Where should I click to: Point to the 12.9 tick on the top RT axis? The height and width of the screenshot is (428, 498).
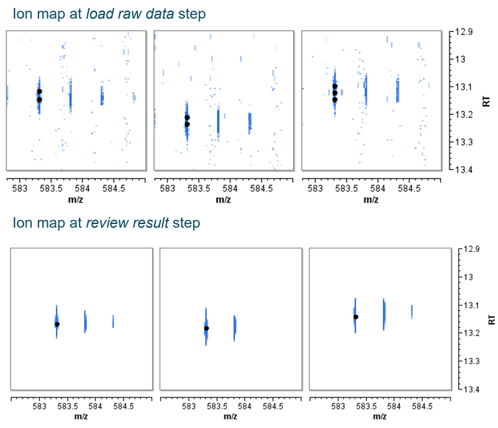pos(464,32)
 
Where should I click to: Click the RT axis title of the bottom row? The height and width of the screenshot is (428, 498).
pos(491,318)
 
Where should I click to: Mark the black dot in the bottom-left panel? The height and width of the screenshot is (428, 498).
pos(57,324)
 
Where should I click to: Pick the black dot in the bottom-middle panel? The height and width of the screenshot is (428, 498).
pos(207,328)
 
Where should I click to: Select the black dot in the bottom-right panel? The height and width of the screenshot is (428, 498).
pos(356,316)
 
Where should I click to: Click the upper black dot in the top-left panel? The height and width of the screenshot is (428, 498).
pos(39,91)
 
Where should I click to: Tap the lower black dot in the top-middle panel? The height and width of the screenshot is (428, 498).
pos(187,124)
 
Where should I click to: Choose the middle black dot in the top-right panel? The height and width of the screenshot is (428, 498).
pos(335,93)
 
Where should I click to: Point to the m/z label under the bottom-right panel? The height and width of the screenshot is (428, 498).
pos(379,416)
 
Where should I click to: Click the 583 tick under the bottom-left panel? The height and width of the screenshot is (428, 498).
pos(39,405)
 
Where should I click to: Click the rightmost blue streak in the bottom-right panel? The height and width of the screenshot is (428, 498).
pos(412,311)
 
